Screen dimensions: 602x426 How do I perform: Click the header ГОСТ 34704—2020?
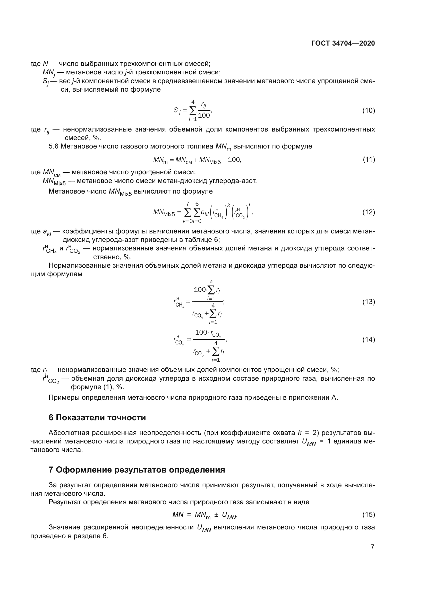(343, 43)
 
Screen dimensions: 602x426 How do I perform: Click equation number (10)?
(369, 110)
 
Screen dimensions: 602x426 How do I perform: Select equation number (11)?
(369, 159)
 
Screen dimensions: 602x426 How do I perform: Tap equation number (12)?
(369, 212)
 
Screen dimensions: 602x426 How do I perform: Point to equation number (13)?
(369, 302)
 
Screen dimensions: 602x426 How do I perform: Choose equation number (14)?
(369, 340)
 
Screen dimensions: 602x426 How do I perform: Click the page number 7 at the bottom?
(372, 547)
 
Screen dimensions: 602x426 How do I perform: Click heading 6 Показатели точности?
(97, 417)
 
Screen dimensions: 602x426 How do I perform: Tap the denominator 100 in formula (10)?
(204, 116)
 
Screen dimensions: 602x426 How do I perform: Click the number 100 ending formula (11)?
(234, 160)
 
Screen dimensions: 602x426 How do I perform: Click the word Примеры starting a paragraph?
(64, 398)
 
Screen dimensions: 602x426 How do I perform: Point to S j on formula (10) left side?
(177, 111)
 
